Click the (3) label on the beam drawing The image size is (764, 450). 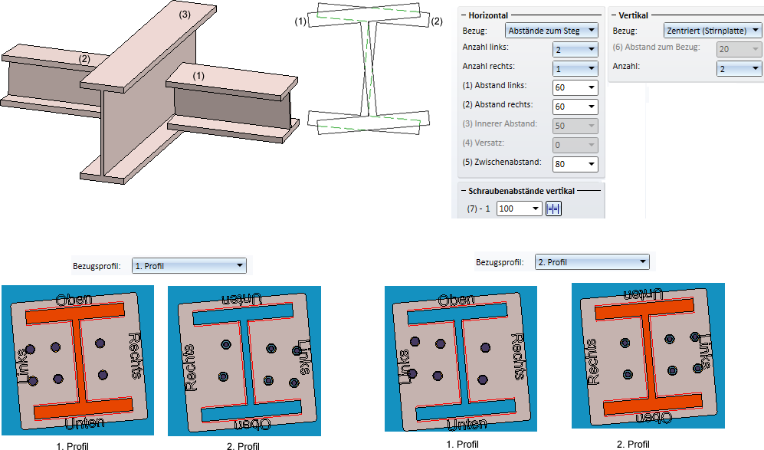185,14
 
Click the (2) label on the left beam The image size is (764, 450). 84,58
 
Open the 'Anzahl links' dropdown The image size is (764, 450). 575,50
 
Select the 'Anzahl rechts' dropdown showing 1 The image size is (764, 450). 575,68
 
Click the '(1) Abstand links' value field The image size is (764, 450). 575,87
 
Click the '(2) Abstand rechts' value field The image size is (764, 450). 575,107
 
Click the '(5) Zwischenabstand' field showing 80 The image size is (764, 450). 575,163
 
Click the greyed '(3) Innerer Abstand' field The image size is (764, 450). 575,126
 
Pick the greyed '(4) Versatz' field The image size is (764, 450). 575,144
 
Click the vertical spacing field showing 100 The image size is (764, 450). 519,209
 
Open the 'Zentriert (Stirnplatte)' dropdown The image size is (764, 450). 712,31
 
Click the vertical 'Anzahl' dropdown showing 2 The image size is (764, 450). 739,69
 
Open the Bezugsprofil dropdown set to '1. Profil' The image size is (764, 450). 189,266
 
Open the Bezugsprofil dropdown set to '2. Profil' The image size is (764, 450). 592,262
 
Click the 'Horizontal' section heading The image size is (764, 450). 487,15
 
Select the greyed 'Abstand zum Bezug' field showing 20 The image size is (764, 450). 739,50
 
